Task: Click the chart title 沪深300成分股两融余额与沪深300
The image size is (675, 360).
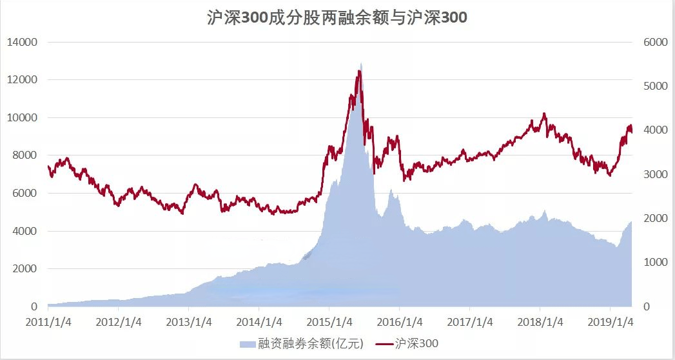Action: (x=337, y=18)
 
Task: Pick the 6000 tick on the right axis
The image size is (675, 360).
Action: (x=654, y=42)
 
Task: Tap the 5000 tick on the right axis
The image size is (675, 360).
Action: (x=654, y=86)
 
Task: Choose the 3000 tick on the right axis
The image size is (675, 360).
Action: (x=654, y=174)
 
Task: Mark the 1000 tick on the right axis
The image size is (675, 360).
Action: (x=654, y=262)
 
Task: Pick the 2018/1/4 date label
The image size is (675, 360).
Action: (x=540, y=321)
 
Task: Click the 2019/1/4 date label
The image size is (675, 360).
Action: (x=610, y=321)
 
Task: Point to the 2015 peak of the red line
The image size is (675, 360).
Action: (x=360, y=71)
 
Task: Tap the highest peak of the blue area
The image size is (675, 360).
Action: (x=361, y=63)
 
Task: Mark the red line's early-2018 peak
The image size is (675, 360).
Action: (x=544, y=114)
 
